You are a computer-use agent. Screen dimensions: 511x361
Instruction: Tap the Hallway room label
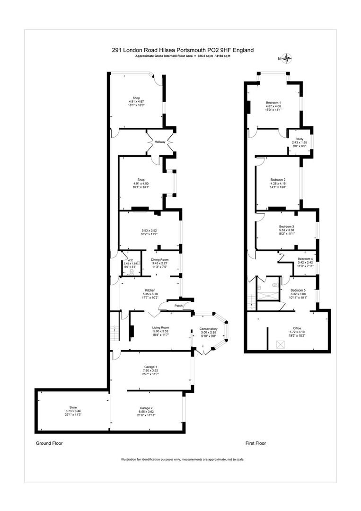coord(159,141)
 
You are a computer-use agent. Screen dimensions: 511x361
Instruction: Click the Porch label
coord(178,306)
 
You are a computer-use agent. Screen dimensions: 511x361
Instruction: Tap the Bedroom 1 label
coord(273,103)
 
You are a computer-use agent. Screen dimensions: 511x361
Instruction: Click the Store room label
coord(73,408)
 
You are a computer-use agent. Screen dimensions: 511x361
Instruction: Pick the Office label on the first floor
coord(297,328)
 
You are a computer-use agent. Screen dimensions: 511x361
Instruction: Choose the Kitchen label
coord(150,290)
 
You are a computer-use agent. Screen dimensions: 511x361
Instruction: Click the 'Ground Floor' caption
coord(49,443)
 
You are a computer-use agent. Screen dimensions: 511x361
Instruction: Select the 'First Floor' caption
coord(255,443)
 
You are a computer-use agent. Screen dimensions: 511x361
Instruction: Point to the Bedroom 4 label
coord(305,259)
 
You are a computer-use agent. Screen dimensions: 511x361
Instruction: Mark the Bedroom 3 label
coord(287,226)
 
